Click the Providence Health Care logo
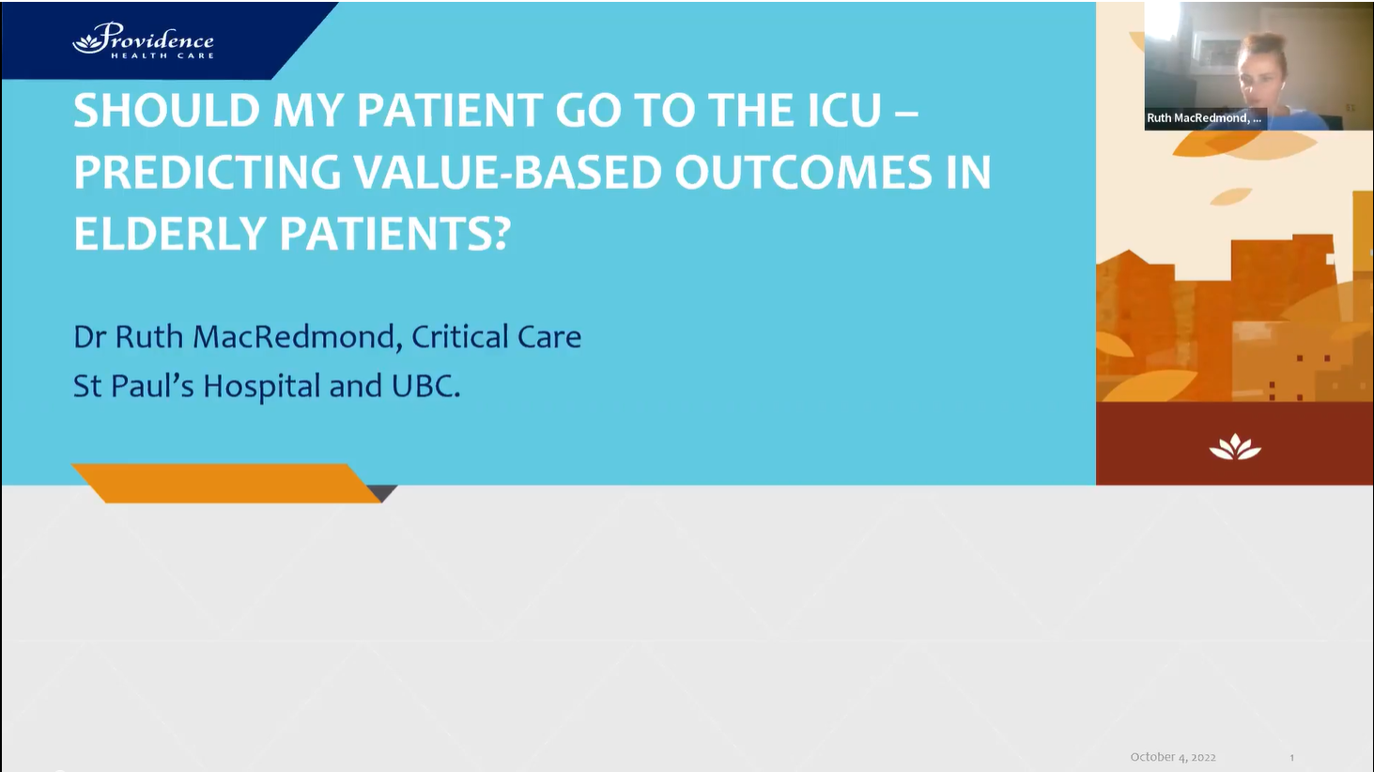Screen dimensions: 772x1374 (144, 41)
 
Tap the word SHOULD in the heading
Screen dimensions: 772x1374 (166, 111)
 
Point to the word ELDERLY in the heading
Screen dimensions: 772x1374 (170, 234)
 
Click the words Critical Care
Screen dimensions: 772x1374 (496, 336)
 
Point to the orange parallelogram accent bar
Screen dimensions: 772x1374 (225, 483)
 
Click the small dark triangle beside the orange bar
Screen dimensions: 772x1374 (382, 492)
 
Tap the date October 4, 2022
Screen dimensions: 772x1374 (1172, 757)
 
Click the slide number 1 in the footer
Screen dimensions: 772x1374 (1291, 757)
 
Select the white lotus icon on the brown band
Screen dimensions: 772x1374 (1234, 447)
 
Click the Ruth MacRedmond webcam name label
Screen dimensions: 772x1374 (1203, 118)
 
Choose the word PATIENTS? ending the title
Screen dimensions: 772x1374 (394, 234)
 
